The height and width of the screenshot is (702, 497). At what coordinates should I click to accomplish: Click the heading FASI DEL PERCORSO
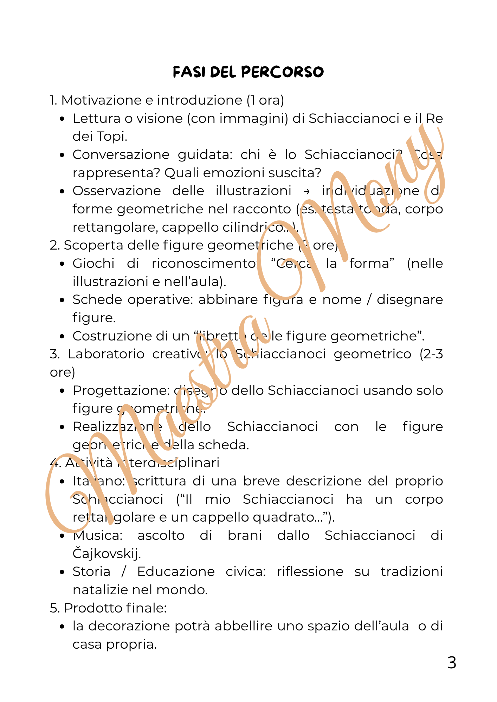coord(248,72)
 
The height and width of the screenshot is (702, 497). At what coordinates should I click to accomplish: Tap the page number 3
coord(452,663)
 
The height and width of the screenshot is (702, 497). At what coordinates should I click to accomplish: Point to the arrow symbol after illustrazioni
coord(306,191)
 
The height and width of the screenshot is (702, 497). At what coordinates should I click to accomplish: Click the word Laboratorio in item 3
coord(106,354)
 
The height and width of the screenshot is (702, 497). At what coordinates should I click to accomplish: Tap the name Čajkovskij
coord(106,554)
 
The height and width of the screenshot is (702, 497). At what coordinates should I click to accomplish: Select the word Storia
coord(91,572)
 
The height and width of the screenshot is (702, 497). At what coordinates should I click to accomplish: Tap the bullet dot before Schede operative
coord(62,300)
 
